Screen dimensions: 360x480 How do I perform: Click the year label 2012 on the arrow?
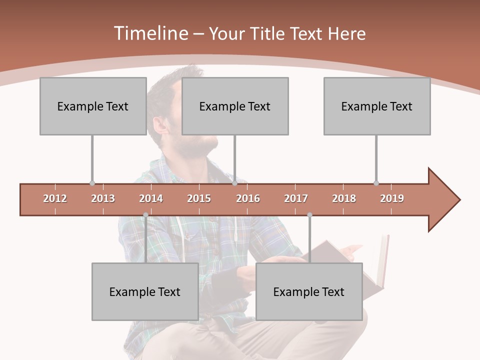tap(55, 198)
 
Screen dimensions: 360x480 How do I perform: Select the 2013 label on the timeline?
tap(103, 198)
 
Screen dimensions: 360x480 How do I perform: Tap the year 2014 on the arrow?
tap(151, 198)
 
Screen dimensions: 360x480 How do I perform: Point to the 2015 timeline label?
tap(199, 198)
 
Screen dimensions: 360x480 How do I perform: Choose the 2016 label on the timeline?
tap(248, 198)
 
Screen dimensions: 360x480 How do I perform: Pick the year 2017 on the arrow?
tap(296, 198)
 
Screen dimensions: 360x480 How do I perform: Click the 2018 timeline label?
tap(344, 198)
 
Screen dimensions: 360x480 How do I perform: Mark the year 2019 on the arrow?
tap(392, 198)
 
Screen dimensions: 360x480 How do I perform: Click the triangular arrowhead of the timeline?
tap(442, 200)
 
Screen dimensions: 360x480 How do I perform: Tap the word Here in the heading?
tap(346, 33)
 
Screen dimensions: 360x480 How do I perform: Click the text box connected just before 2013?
tap(93, 106)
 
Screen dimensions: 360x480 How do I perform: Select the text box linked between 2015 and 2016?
tap(235, 106)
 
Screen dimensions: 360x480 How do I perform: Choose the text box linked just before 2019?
tap(377, 106)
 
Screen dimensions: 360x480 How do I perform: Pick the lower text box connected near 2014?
tap(145, 291)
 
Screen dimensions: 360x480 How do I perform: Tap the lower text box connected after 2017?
tap(309, 291)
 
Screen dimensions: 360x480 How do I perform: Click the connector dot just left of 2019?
tap(376, 183)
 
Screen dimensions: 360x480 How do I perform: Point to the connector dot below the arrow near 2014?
tap(145, 215)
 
